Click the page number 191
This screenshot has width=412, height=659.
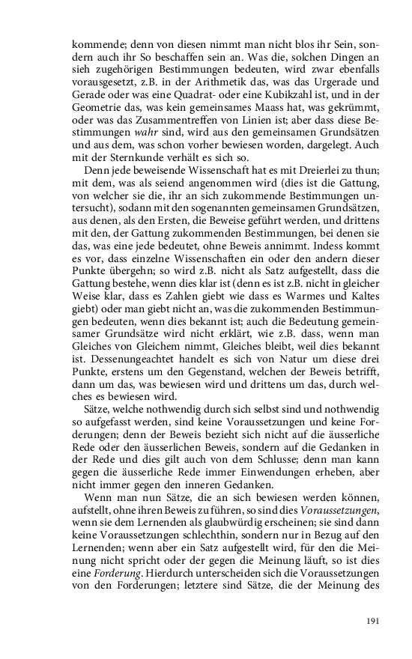click(372, 621)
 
